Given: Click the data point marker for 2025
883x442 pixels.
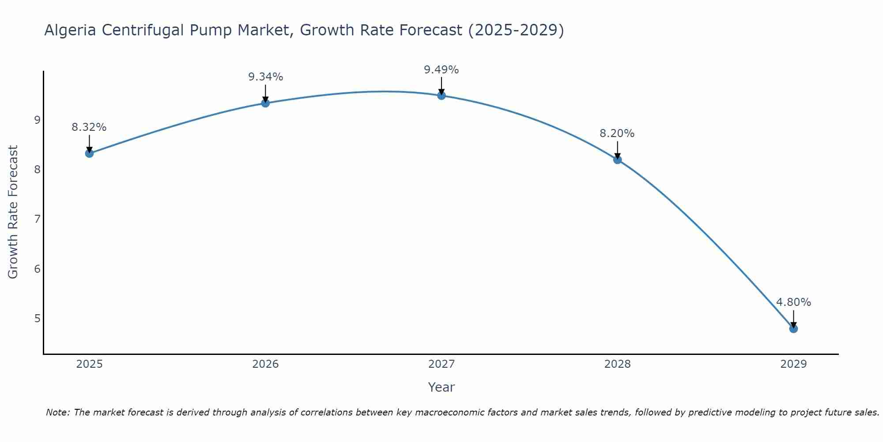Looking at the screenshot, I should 89,153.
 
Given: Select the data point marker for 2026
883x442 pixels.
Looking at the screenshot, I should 265,103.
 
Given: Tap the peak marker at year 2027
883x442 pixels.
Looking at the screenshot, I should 441,95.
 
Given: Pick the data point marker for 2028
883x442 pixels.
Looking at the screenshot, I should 617,160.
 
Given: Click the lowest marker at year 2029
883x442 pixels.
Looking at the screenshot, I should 793,328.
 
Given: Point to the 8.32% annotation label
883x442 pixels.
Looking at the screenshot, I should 89,127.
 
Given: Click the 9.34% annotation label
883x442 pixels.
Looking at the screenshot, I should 265,77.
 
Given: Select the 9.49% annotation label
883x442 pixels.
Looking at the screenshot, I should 441,70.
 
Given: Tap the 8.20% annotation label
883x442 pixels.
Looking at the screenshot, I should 617,133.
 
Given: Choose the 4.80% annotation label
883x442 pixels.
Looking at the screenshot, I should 793,302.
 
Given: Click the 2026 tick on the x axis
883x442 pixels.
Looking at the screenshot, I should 265,364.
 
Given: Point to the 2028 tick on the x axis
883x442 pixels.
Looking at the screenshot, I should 617,364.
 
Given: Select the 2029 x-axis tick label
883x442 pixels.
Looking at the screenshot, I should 793,364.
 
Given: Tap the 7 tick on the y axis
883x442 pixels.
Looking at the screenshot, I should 37,219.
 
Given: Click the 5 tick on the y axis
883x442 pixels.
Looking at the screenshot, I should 37,318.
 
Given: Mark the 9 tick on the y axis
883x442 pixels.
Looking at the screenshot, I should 37,120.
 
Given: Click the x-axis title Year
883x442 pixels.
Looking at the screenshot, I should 441,387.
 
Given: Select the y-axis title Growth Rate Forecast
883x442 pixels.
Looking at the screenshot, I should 13,212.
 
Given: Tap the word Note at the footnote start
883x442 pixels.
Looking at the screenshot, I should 57,412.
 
